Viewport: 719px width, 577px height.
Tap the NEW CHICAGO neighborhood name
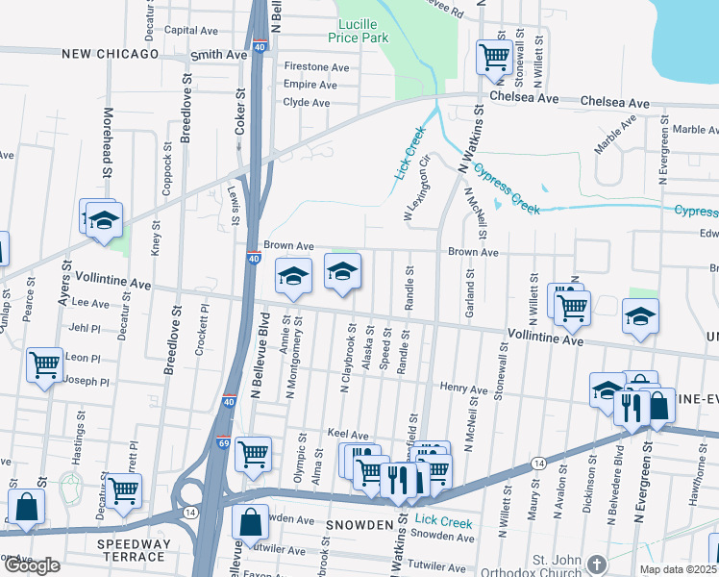pyautogui.click(x=110, y=55)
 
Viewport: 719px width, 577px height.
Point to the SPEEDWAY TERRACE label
pyautogui.click(x=131, y=550)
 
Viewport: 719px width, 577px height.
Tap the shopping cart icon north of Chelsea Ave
pyautogui.click(x=493, y=56)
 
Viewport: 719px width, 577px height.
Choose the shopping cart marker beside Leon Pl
pyautogui.click(x=44, y=365)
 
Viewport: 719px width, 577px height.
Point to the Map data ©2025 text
pyautogui.click(x=677, y=569)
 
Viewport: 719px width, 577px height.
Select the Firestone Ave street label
pyautogui.click(x=317, y=67)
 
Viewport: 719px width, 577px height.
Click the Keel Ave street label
pyautogui.click(x=348, y=435)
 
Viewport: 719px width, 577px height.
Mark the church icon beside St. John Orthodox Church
pyautogui.click(x=597, y=563)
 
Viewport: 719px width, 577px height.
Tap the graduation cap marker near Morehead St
pyautogui.click(x=104, y=220)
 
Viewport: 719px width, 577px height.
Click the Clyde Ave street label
pyautogui.click(x=308, y=102)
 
